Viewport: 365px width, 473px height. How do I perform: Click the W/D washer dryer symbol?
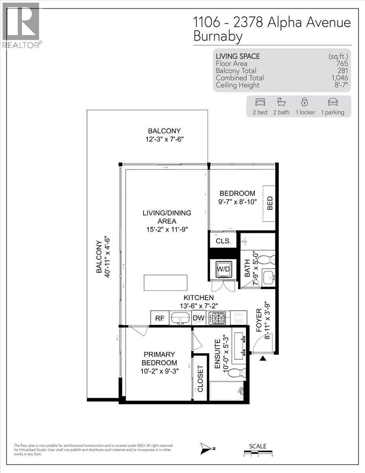point(224,269)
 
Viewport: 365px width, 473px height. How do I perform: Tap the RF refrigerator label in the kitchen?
point(160,318)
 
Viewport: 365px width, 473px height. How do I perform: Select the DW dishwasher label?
point(199,318)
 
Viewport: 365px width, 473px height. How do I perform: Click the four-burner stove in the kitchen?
point(217,318)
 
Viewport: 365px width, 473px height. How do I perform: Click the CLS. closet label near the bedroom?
point(223,241)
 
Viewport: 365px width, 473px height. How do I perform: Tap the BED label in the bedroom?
point(270,203)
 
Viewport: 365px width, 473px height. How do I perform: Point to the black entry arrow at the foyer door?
point(263,358)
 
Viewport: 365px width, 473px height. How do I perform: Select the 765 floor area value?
point(342,63)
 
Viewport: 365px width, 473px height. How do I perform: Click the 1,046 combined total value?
point(339,78)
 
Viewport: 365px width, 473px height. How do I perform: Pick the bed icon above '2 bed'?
point(260,102)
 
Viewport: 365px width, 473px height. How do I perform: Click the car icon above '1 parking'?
point(333,102)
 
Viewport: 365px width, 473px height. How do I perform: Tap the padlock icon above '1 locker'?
point(304,102)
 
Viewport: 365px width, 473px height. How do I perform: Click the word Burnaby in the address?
point(218,37)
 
